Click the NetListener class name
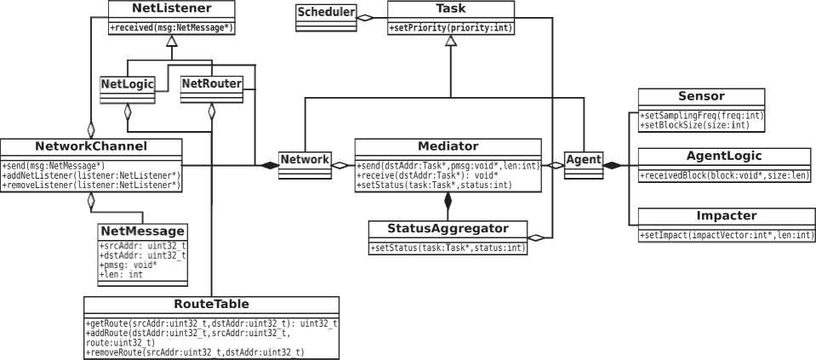(172, 9)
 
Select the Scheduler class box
(325, 14)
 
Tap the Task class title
(451, 9)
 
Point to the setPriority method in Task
(451, 27)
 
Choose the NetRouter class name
(211, 83)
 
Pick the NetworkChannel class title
(91, 146)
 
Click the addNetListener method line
(91, 174)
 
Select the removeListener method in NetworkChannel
(91, 185)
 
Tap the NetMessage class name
(142, 231)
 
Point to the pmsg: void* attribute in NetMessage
(123, 265)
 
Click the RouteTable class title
(212, 304)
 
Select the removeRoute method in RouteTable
(196, 351)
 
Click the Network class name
(305, 159)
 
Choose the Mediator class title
(448, 146)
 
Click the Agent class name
(583, 159)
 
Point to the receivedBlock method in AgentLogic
(724, 175)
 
